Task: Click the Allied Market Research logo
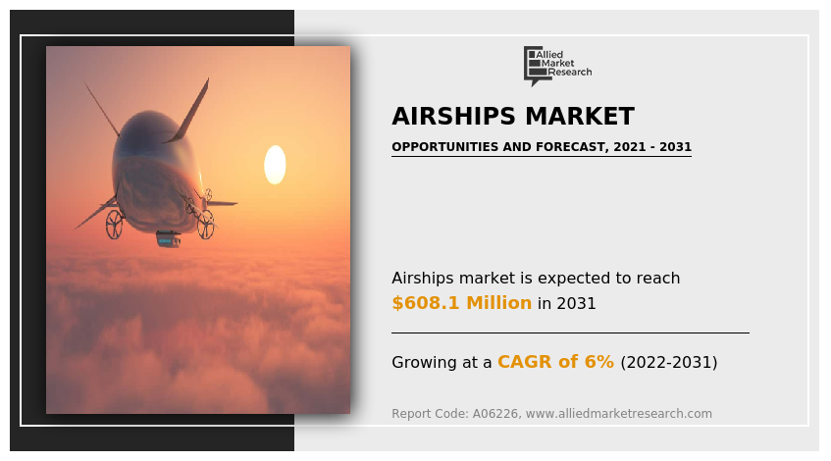tap(557, 66)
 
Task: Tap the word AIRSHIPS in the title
tap(453, 117)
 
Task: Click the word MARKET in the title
tap(580, 117)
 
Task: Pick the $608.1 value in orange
tap(426, 302)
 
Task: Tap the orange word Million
tap(498, 302)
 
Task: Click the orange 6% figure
tap(598, 362)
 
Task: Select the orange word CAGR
tap(525, 362)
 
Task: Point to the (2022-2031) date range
tap(669, 363)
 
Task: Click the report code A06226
tap(495, 413)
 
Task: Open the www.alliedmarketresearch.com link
tap(618, 413)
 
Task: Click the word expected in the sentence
tap(566, 279)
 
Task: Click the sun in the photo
tap(275, 165)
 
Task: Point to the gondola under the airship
tap(169, 239)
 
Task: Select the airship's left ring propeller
tap(114, 224)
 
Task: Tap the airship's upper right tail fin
tap(189, 111)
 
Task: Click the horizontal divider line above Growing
tap(570, 333)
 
